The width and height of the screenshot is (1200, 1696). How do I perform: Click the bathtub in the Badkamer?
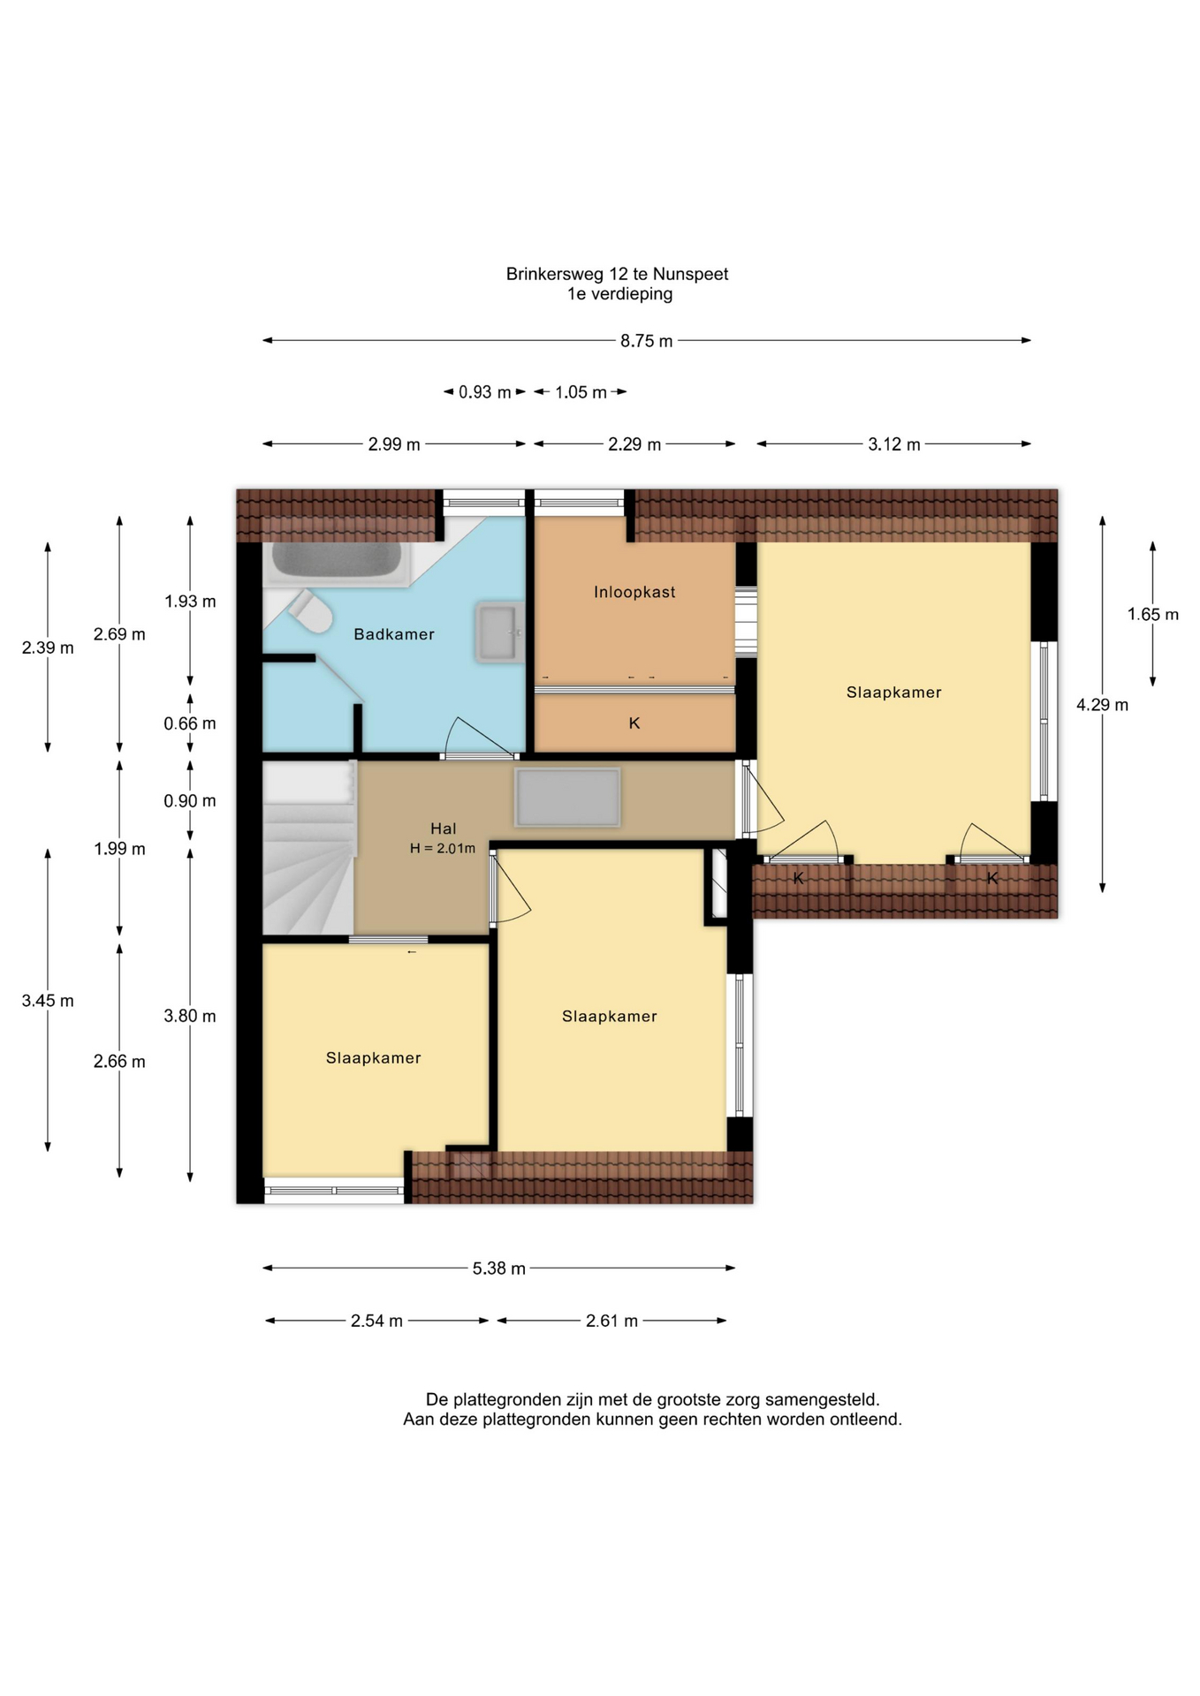click(336, 563)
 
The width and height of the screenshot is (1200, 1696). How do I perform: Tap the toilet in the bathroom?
click(308, 610)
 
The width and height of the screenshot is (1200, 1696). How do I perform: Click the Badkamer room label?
click(394, 634)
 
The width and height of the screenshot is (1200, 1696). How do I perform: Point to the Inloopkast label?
click(634, 592)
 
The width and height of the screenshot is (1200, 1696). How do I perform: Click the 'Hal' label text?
click(444, 829)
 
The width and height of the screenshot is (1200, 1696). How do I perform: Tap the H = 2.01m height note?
click(443, 849)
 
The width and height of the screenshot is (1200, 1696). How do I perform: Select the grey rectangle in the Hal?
click(568, 797)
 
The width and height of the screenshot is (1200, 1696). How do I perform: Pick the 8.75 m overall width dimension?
click(647, 341)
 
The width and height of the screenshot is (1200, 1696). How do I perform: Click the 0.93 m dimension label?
click(485, 392)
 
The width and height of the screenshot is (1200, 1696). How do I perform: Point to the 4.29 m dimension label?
click(1102, 705)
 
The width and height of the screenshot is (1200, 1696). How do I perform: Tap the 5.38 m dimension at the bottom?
click(499, 1268)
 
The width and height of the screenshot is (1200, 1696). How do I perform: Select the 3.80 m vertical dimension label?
click(190, 1016)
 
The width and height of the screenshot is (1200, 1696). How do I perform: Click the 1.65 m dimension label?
click(1153, 614)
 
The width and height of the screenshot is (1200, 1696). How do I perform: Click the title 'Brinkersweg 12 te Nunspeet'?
click(617, 274)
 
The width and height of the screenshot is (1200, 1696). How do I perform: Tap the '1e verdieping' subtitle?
click(619, 294)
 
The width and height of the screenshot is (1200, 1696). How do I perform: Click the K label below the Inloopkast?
click(634, 723)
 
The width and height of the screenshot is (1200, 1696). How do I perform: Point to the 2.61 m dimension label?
click(611, 1321)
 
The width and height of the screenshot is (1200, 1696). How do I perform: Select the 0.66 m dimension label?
click(190, 723)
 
